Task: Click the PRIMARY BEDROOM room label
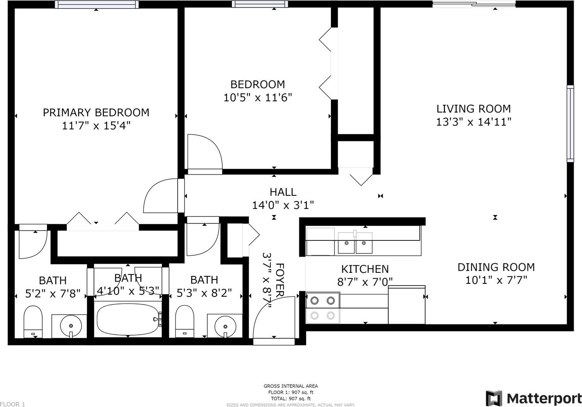click(96, 113)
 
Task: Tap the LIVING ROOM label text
click(473, 109)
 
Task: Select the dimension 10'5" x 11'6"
click(258, 98)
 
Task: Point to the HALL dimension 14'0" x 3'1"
click(283, 205)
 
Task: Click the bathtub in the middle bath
click(128, 320)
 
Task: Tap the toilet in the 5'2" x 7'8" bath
click(33, 322)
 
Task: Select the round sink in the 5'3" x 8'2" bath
click(225, 326)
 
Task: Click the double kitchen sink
click(355, 243)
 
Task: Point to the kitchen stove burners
click(323, 308)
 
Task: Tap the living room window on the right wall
click(570, 124)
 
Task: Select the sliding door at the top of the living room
click(474, 4)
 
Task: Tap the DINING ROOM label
click(496, 267)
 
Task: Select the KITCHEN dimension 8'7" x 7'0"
click(365, 282)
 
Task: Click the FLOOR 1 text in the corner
click(13, 404)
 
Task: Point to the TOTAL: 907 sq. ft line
click(291, 398)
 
